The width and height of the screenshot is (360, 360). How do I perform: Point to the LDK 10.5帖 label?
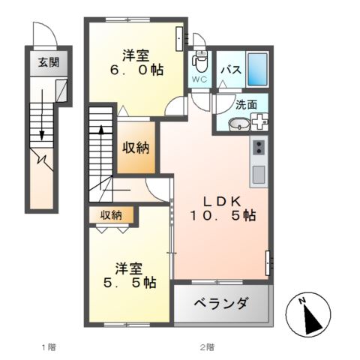coord(220,208)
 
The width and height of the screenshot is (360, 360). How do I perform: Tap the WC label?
coord(199,79)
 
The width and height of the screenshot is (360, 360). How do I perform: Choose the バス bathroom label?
coord(230,70)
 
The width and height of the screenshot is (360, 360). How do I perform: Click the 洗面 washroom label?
coord(246,106)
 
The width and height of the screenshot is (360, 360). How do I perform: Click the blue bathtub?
coord(257,70)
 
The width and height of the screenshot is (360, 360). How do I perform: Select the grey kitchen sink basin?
coord(259,174)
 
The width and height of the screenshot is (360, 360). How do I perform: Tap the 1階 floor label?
coord(49,346)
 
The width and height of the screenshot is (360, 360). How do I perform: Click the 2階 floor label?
coord(207,346)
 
